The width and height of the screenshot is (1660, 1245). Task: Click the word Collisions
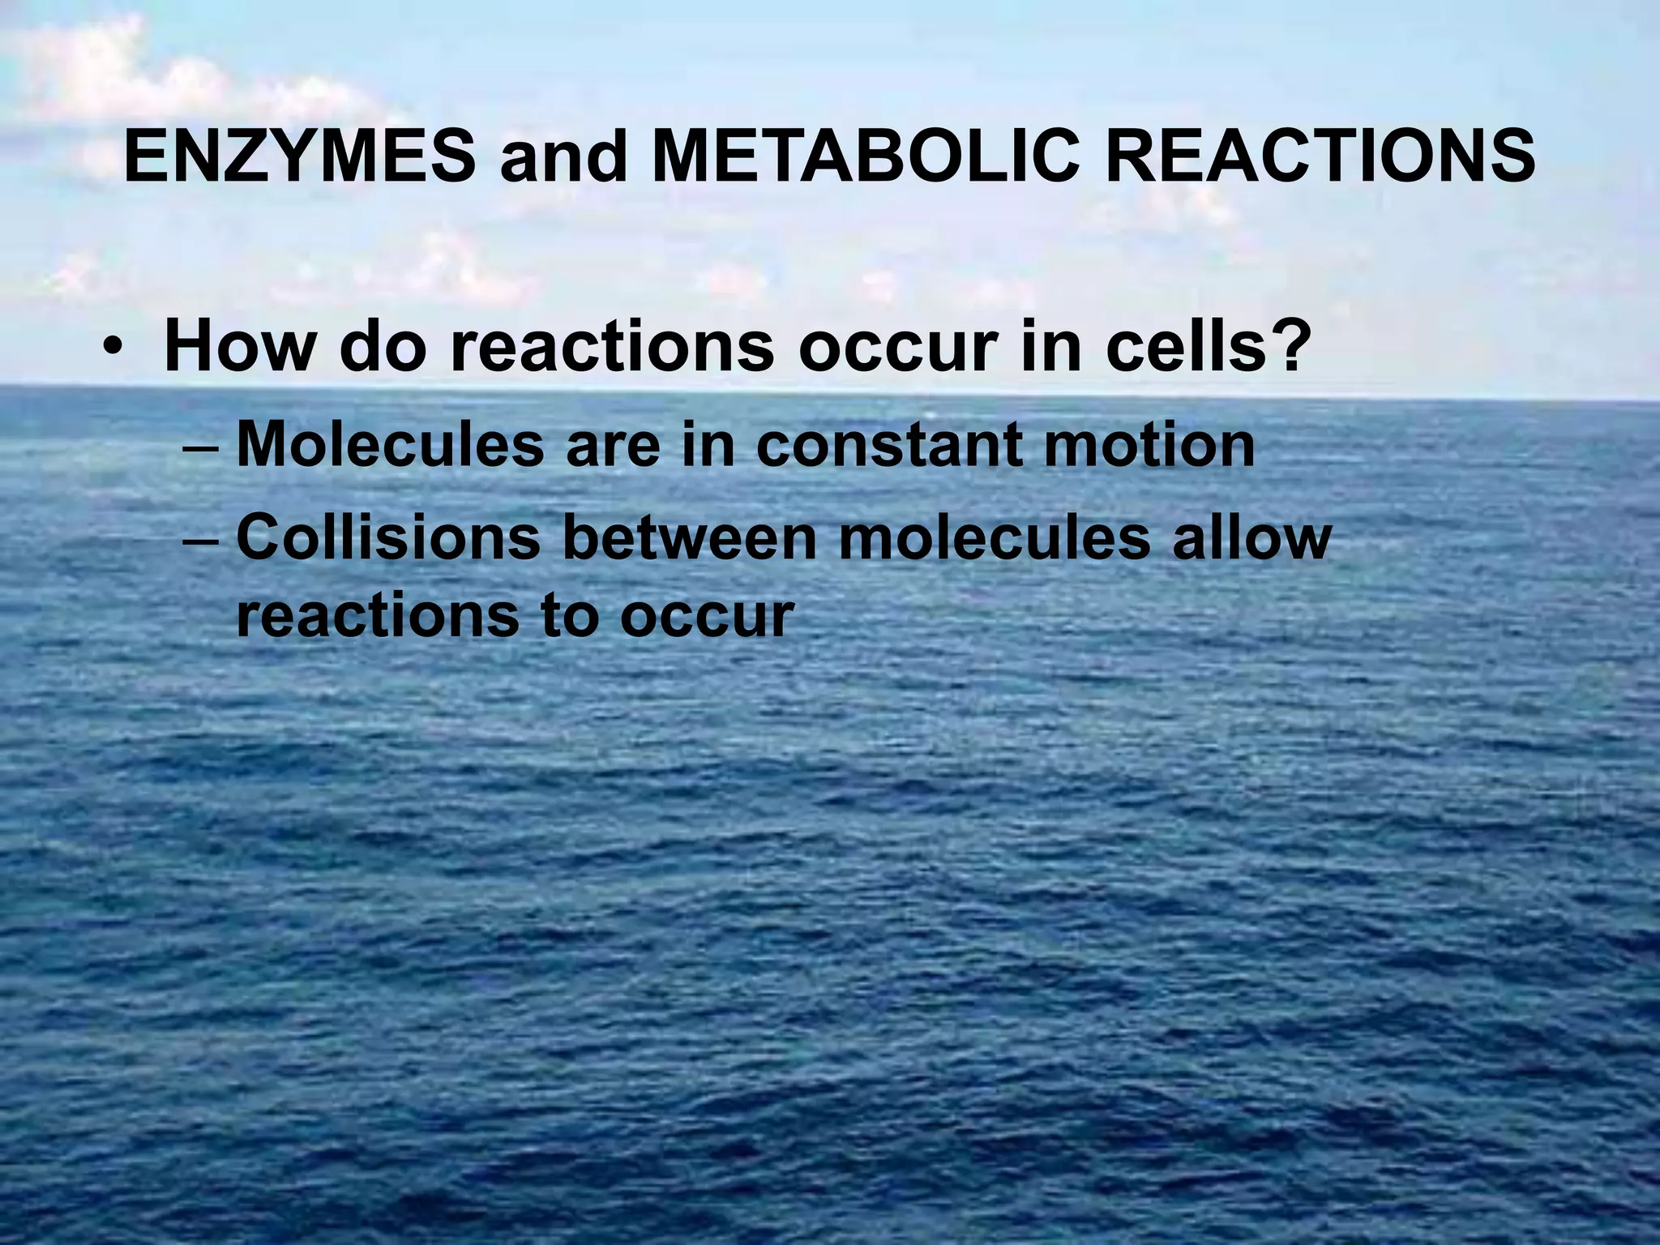388,537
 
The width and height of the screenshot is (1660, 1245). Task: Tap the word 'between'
690,537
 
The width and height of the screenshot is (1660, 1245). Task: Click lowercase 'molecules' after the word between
995,537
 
